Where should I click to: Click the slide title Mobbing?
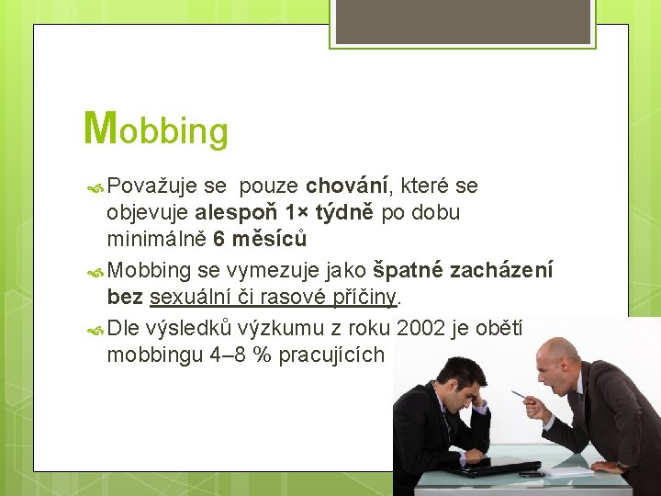click(x=155, y=129)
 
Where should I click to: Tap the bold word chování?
click(x=350, y=186)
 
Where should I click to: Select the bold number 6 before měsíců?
click(x=218, y=239)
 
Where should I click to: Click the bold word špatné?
click(x=408, y=271)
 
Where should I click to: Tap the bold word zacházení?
click(x=501, y=271)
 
